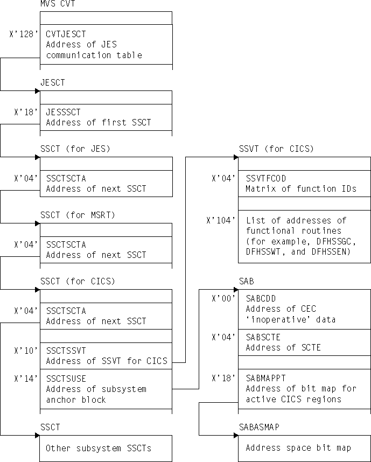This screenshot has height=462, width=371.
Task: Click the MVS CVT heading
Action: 58,4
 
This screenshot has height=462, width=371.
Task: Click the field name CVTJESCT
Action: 66,34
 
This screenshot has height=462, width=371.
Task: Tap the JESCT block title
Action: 53,83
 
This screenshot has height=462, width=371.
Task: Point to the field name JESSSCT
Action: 63,112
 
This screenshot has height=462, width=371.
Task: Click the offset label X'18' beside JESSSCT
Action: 25,112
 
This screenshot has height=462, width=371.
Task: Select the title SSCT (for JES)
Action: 75,149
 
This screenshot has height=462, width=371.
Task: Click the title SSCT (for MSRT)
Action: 78,215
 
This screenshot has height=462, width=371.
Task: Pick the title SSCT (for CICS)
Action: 78,282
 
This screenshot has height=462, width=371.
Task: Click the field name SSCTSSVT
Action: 66,351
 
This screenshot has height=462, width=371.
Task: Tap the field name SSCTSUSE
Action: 66,379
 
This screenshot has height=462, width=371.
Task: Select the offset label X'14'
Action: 25,379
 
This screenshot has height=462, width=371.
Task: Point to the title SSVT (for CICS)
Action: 276,149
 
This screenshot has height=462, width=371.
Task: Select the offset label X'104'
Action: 221,220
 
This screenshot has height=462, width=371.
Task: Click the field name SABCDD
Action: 261,298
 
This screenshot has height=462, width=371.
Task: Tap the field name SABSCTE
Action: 263,337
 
